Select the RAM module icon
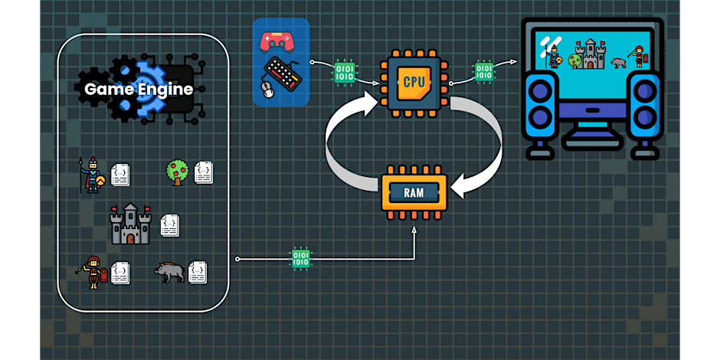[414, 191]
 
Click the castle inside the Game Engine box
[131, 224]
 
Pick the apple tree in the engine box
[178, 172]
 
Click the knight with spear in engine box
[92, 175]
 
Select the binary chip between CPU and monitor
[484, 71]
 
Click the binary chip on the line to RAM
[302, 258]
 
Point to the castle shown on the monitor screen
[590, 54]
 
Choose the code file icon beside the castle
[170, 225]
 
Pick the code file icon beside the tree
[204, 172]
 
